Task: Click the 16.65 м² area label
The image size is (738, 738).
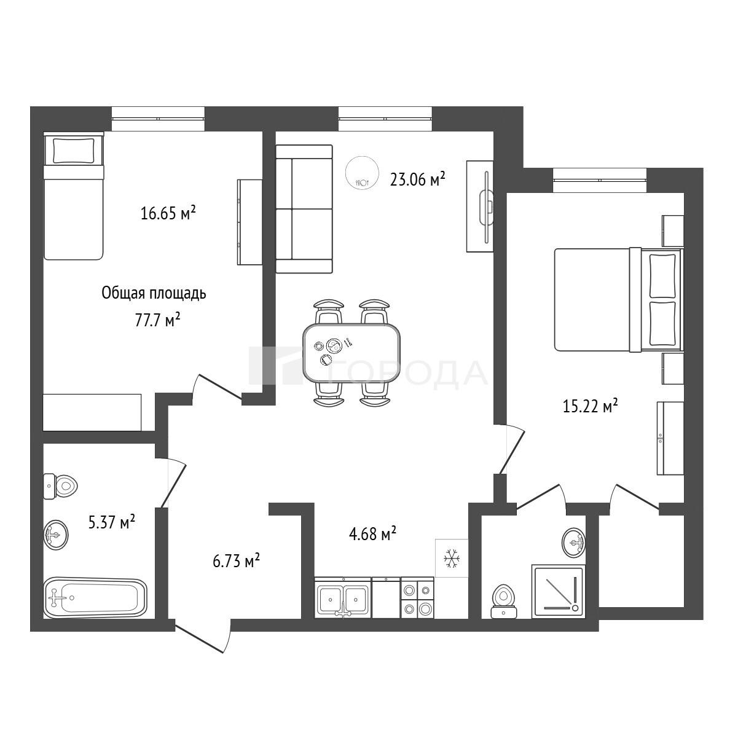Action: point(168,213)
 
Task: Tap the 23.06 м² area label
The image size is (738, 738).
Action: point(417,178)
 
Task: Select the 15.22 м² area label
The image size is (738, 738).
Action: point(590,406)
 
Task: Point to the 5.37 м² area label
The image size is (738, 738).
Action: point(111,522)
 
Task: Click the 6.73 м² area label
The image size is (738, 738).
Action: point(237,562)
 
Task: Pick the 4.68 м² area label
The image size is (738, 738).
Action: point(372,533)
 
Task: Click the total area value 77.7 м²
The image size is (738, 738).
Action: point(157,320)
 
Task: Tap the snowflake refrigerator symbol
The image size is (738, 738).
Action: point(452,558)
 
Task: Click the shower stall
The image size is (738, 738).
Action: point(559,592)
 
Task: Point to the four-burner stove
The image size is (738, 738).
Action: point(417,597)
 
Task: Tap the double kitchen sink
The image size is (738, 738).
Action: point(343,598)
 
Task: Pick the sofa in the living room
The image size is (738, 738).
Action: point(304,209)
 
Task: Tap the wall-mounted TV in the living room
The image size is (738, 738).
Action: point(487,206)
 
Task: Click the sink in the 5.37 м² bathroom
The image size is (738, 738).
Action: point(56,535)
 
